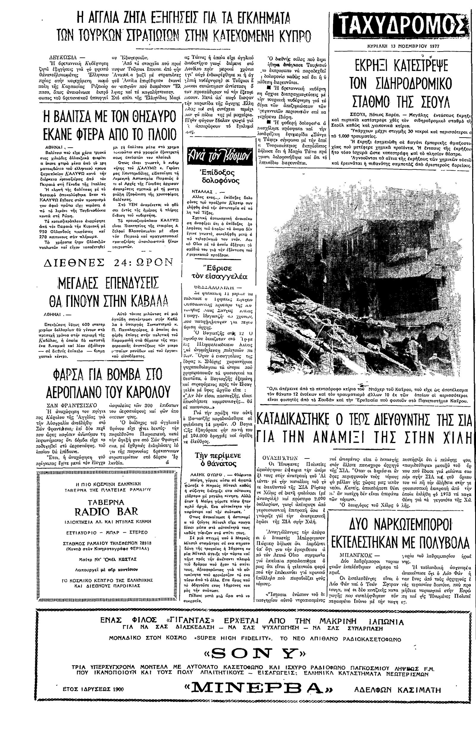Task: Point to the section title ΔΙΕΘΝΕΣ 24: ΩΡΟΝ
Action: click(x=108, y=263)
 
